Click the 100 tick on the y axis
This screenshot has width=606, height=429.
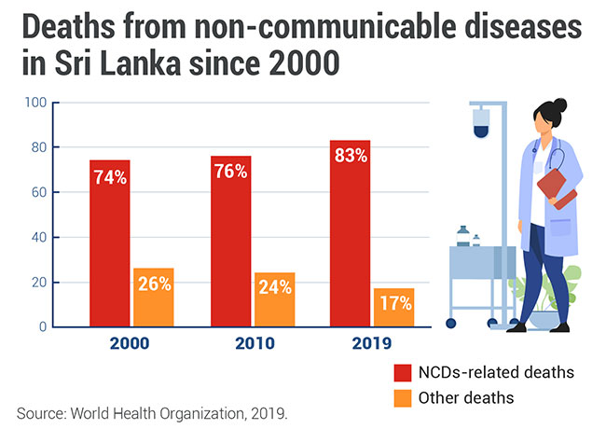[34, 103]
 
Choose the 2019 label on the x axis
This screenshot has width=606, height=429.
[372, 344]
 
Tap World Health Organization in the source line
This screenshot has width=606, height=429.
[166, 410]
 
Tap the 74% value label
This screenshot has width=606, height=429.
[109, 177]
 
